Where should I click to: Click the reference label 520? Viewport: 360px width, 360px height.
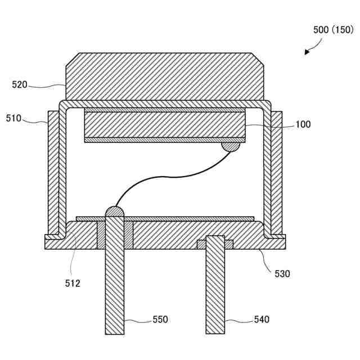tap(20, 85)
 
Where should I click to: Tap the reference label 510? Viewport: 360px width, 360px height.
tap(14, 118)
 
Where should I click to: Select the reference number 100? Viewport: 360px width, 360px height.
tap(303, 124)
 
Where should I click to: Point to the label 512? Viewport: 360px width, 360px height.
tap(72, 283)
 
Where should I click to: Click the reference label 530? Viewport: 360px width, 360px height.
tap(282, 274)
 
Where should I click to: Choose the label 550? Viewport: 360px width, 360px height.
tap(160, 319)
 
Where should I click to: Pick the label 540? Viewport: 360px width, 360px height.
tap(262, 319)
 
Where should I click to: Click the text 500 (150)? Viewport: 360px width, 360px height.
tap(332, 30)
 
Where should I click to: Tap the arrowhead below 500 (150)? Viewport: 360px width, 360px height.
tap(307, 52)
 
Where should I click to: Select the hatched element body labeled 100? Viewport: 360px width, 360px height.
tap(165, 124)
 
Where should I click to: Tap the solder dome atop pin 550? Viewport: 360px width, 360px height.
tap(114, 212)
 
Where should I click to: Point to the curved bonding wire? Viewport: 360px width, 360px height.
tap(169, 177)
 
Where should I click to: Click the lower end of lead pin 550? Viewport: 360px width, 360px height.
tap(114, 329)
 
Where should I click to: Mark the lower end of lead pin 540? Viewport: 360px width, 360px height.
tap(215, 329)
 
